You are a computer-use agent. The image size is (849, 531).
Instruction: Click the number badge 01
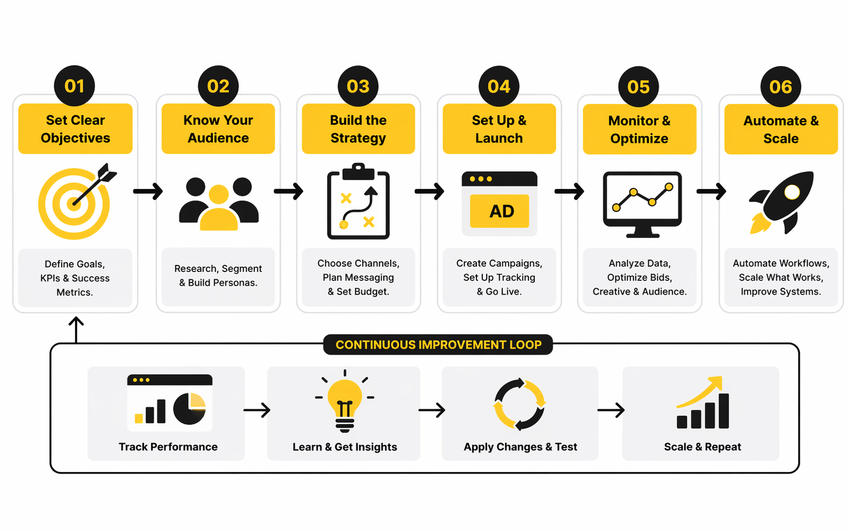[74, 86]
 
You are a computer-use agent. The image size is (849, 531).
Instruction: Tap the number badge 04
[499, 86]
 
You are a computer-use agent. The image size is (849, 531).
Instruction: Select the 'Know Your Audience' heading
[218, 129]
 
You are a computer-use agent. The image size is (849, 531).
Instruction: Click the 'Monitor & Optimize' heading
[639, 130]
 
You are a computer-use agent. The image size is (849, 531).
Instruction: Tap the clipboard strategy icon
[358, 202]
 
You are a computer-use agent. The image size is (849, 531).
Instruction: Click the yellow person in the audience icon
[218, 209]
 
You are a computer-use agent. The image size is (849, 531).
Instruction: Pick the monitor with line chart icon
[642, 204]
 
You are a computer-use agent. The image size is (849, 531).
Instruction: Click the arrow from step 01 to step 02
[148, 191]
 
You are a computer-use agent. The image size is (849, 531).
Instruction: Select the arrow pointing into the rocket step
[711, 191]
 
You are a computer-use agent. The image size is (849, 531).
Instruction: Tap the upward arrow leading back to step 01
[76, 328]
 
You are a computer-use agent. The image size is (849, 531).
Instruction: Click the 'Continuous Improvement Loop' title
[438, 345]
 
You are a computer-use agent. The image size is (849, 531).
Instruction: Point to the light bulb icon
[345, 401]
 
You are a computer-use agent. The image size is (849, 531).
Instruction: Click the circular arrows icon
[519, 404]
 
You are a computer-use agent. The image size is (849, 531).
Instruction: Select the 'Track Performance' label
[168, 447]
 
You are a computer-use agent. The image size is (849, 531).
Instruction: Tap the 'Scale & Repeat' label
[702, 447]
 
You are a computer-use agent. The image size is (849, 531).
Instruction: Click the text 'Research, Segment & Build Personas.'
[218, 276]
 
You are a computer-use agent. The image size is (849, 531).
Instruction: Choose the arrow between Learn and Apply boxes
[431, 411]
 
